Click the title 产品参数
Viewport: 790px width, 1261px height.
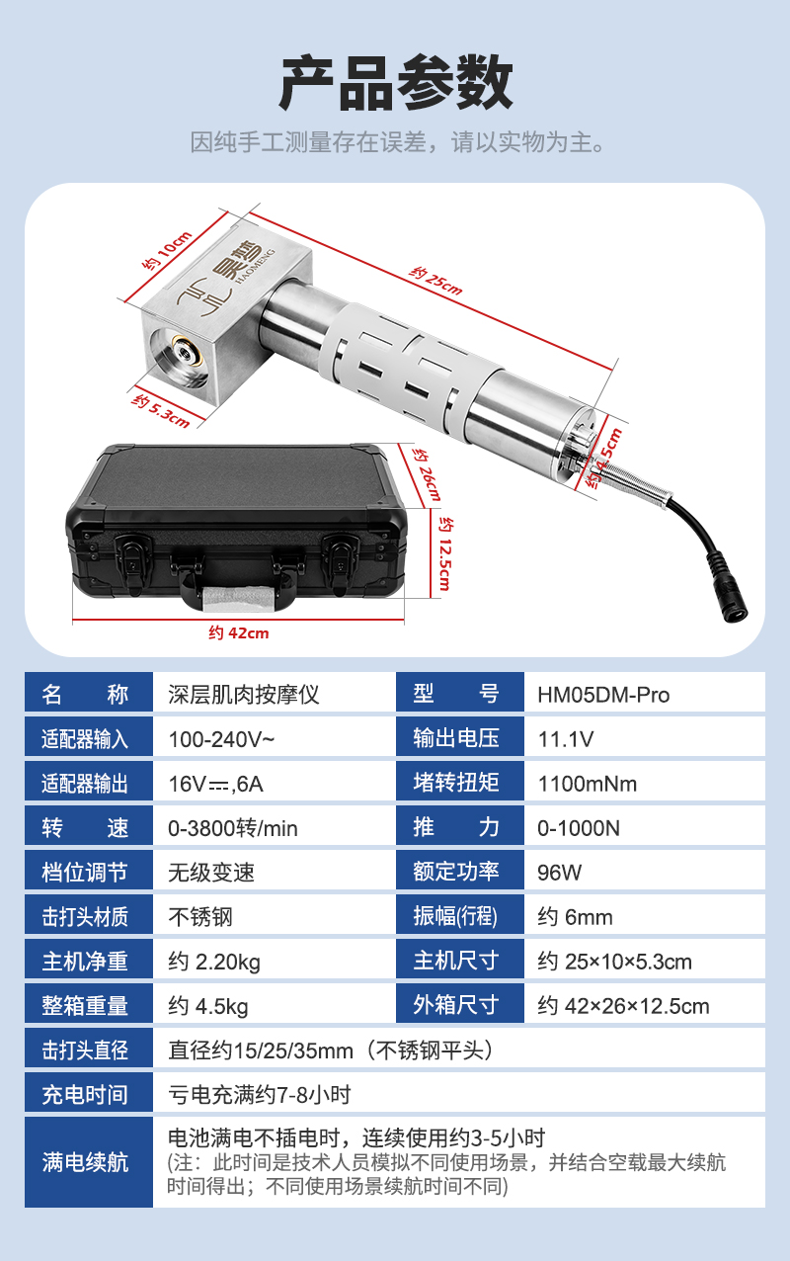pos(395,83)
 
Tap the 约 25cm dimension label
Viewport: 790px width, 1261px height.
pos(435,281)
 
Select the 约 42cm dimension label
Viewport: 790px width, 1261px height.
pos(239,632)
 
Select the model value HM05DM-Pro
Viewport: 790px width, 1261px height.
pos(603,695)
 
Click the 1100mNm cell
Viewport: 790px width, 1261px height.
pos(588,785)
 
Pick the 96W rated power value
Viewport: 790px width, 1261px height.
pos(560,873)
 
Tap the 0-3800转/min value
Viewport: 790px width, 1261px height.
pos(233,828)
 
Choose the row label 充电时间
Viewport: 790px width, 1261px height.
pos(85,1094)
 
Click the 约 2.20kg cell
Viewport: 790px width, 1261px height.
pos(214,962)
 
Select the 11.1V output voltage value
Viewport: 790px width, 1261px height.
pos(566,739)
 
